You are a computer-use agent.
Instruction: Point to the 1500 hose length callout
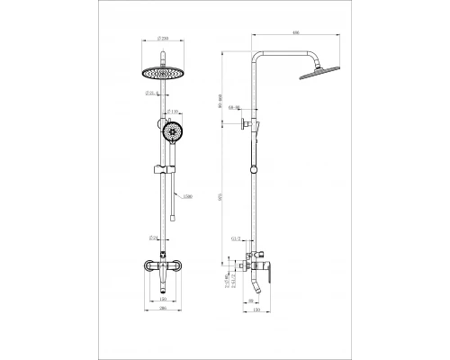tap(187, 196)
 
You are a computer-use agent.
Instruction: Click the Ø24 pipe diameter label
tap(154, 238)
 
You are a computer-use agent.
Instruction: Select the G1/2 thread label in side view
tap(236, 240)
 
